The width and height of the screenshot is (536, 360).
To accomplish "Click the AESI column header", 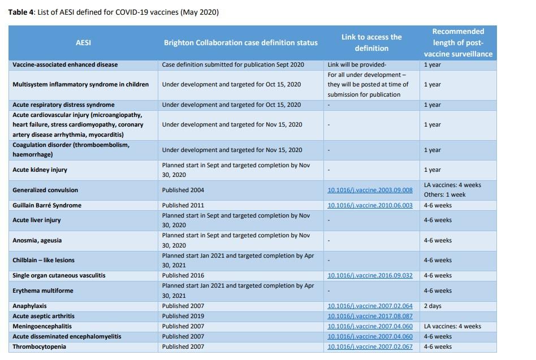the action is coord(83,43).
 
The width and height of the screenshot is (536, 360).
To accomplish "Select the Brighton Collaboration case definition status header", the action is coord(241,43).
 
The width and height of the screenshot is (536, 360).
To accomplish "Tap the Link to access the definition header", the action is coord(371,43).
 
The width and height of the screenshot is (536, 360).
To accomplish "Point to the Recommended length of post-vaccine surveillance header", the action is coord(458,43).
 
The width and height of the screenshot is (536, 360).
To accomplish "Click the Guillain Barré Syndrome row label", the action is coord(47,205).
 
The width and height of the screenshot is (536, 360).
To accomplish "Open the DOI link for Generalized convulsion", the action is coord(370,190).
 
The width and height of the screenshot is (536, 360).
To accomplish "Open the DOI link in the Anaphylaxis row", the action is coord(370,306).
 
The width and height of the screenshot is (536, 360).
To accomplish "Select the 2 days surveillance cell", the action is coord(433,306).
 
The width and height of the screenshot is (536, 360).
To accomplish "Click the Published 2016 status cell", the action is coord(183,275).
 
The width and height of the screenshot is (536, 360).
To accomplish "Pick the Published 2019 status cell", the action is coord(183,316).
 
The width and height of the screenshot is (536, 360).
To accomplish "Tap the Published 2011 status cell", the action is coord(183,205).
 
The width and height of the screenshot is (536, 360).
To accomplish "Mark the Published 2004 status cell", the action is coord(183,190).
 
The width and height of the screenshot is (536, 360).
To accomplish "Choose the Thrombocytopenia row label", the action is coord(40,346).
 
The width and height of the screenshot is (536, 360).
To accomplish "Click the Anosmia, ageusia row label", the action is coord(37,240).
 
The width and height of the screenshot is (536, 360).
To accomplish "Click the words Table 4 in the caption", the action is coord(21,12).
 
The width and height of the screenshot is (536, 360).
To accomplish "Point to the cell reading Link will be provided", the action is coord(357,64).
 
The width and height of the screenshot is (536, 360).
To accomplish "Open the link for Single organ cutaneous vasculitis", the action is coord(370,275).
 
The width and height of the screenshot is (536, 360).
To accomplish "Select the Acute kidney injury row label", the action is coord(40,170).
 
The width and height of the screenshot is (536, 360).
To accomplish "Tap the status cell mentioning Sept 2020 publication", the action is coord(233,64).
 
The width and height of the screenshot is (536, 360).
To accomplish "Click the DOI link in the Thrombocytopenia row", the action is coord(370,346).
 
